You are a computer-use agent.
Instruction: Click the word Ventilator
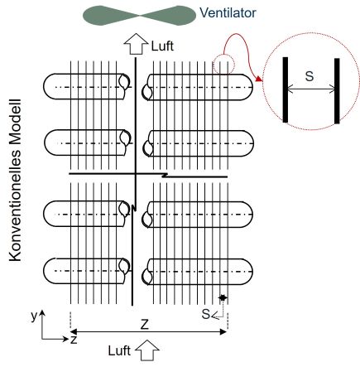[x=228, y=12]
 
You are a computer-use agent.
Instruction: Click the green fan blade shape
[x=140, y=16]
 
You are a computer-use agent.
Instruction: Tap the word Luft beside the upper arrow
[x=162, y=46]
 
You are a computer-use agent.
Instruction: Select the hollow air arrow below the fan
[x=136, y=44]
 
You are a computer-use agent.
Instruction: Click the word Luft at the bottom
[x=119, y=350]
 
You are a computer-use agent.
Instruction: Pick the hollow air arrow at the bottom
[x=147, y=350]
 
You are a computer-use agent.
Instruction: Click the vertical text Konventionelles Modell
[x=15, y=180]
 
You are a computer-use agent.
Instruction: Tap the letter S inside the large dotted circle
[x=310, y=76]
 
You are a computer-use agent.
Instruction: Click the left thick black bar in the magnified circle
[x=286, y=89]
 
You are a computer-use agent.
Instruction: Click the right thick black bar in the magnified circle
[x=337, y=91]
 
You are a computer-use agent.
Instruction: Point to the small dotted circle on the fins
[x=223, y=65]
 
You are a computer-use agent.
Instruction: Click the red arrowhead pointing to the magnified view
[x=259, y=79]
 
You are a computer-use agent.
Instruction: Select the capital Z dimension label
[x=145, y=325]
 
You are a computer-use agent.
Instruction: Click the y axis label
[x=34, y=316]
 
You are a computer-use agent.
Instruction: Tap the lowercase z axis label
[x=74, y=340]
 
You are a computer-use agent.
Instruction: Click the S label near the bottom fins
[x=206, y=314]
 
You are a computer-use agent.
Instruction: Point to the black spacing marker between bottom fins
[x=223, y=297]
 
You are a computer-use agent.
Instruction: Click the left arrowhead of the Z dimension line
[x=74, y=331]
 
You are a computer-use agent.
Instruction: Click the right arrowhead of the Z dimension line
[x=223, y=332]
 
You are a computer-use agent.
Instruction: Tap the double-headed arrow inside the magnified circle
[x=311, y=89]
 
